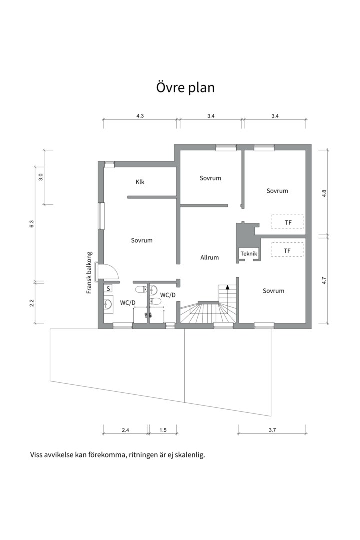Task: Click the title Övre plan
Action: [x=185, y=87]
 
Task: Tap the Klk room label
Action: [x=140, y=182]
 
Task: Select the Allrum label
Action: [x=210, y=257]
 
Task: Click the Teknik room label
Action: [x=249, y=254]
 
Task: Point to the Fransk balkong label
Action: [x=89, y=273]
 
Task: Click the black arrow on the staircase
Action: [x=227, y=287]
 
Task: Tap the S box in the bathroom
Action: [x=108, y=288]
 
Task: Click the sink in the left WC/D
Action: [x=108, y=304]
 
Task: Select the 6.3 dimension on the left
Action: [x=31, y=224]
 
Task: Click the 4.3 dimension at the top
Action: [x=140, y=116]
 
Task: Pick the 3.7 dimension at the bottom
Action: [x=272, y=430]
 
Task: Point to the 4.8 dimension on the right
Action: [x=324, y=193]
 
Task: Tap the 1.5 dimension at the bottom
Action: [x=163, y=430]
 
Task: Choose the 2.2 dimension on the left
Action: [x=31, y=303]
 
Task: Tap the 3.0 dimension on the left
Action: [x=41, y=177]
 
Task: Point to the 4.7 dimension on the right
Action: [x=324, y=280]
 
